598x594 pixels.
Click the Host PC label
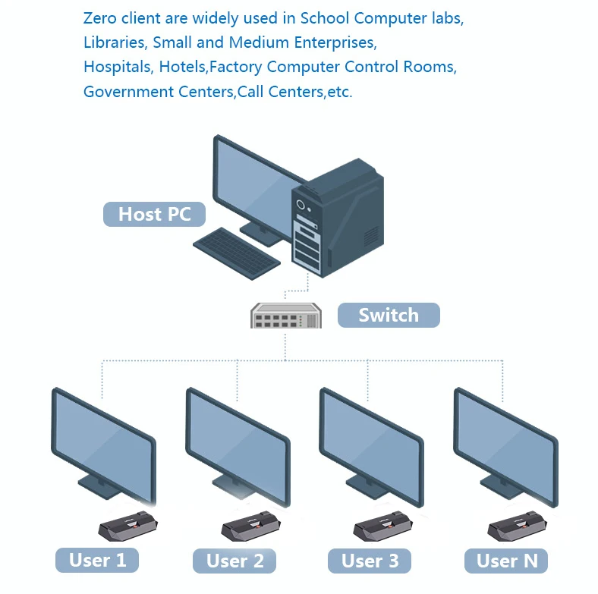[154, 214]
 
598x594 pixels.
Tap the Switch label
[388, 315]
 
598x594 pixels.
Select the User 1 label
[97, 561]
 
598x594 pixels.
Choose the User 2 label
[235, 561]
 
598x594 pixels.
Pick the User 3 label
[370, 561]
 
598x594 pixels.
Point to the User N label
[506, 561]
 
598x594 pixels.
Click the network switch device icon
[285, 315]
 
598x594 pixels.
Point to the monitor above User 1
[102, 440]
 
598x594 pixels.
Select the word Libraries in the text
[114, 42]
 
